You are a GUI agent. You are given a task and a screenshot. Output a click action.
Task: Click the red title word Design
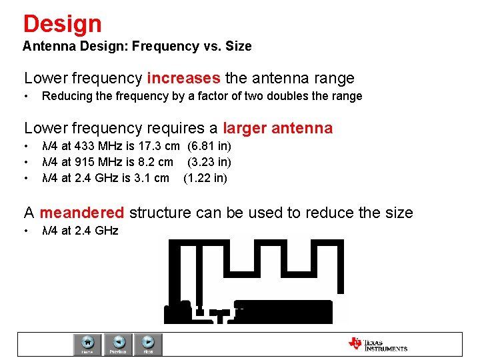(x=62, y=24)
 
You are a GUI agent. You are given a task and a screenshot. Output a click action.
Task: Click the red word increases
(x=183, y=79)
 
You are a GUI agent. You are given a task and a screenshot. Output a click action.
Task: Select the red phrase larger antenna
(x=277, y=128)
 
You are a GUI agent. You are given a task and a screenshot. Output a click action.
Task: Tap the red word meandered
(x=82, y=213)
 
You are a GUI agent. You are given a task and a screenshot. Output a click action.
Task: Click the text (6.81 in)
(x=209, y=146)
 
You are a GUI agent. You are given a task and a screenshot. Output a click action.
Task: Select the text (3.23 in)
(x=209, y=162)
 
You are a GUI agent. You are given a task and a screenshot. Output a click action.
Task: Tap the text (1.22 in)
(x=205, y=178)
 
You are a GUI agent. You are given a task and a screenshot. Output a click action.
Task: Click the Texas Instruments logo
(x=377, y=345)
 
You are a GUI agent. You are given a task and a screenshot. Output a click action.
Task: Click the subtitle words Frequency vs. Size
(x=192, y=47)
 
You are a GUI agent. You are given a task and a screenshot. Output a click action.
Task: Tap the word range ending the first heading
(x=332, y=79)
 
